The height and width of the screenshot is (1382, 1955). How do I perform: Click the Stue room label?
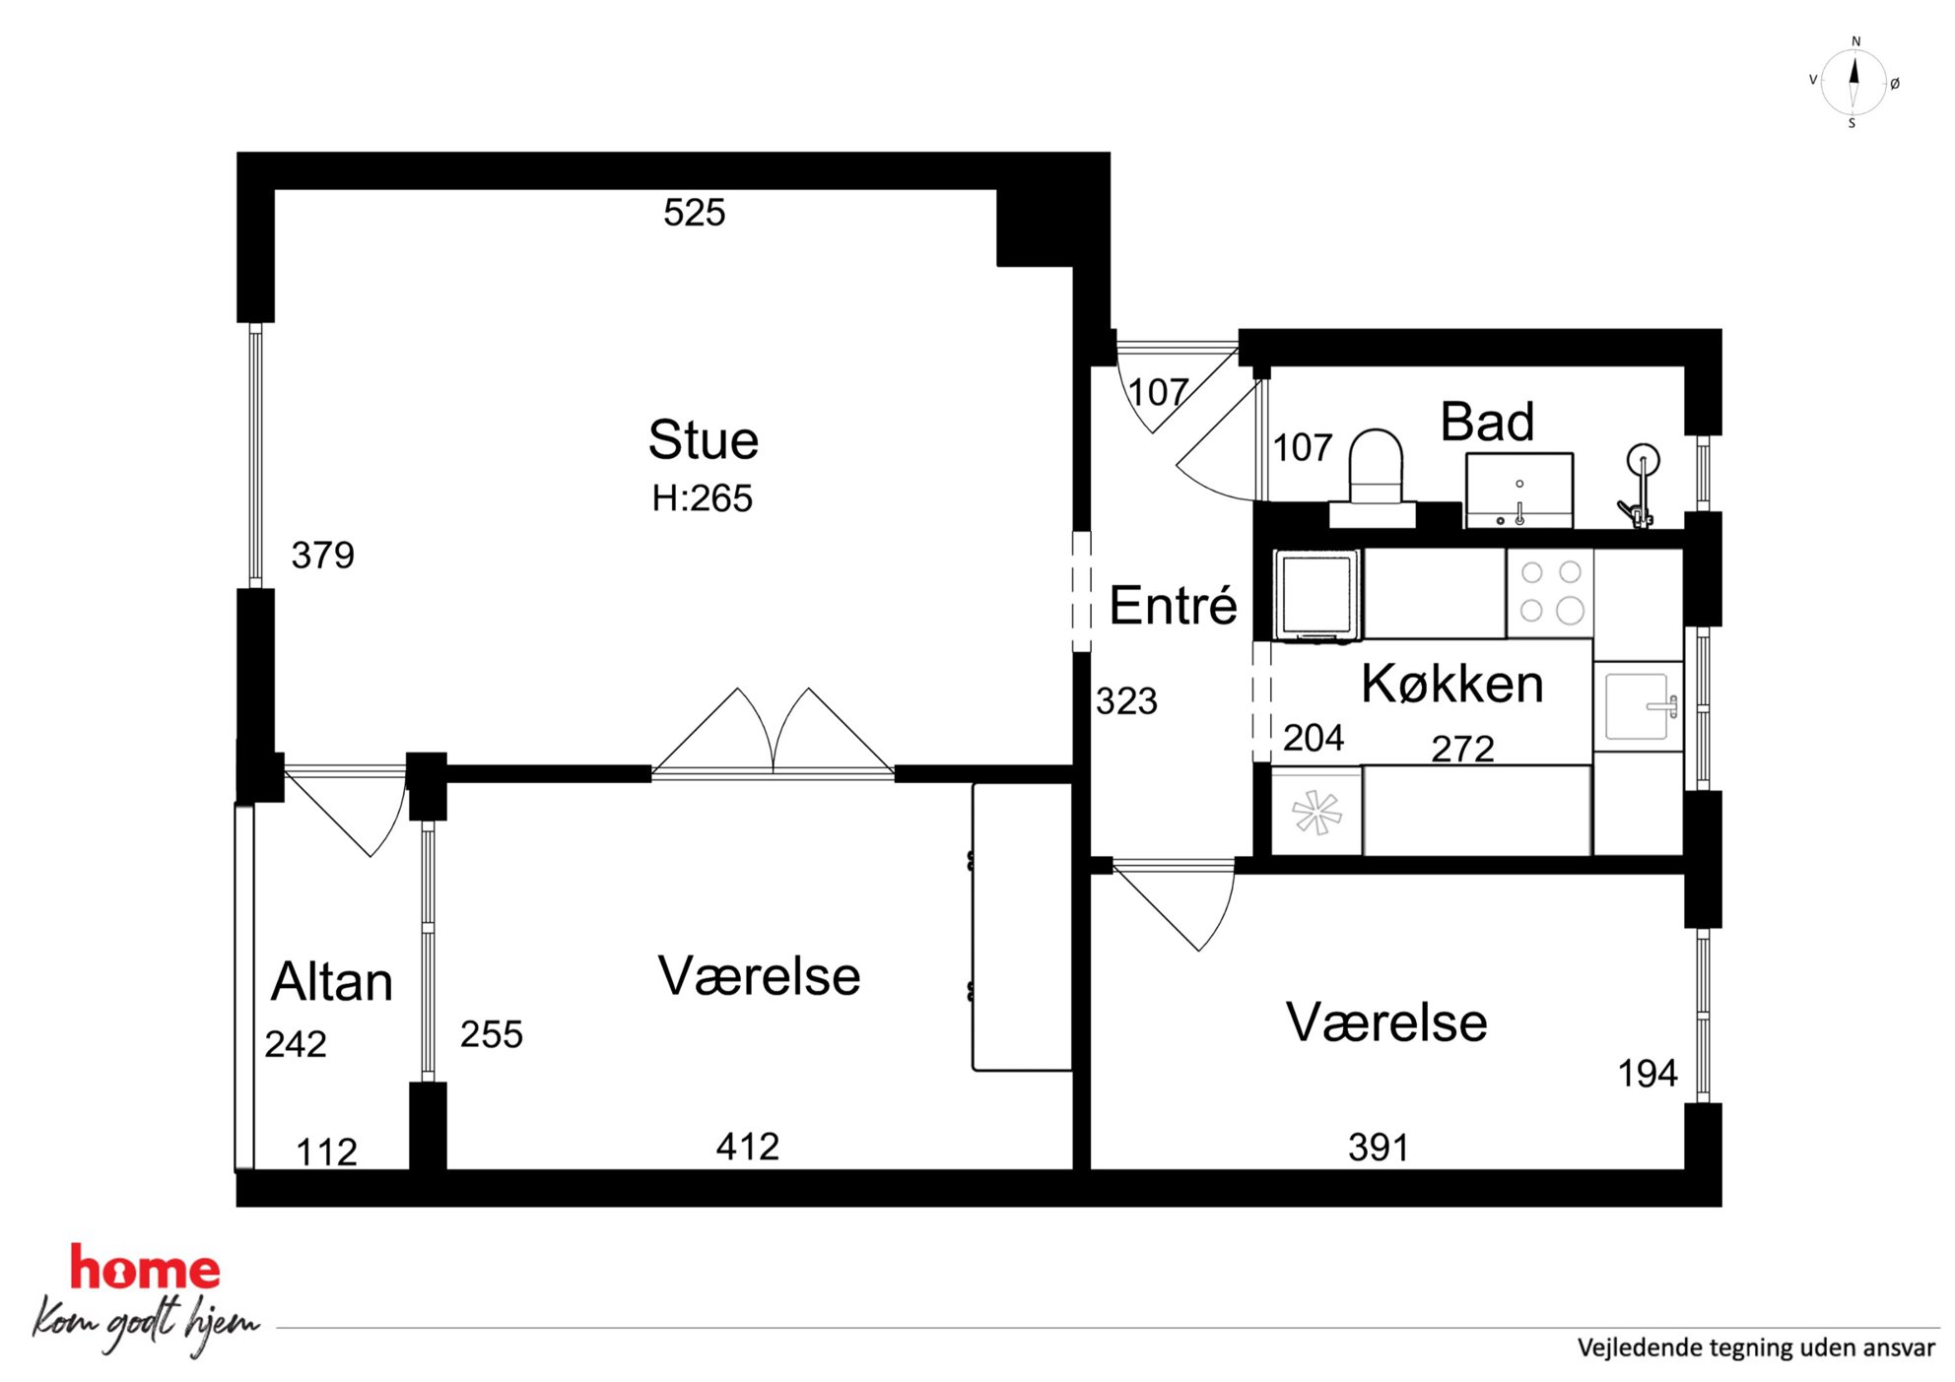click(x=703, y=439)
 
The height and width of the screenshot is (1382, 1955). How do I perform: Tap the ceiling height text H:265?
click(x=702, y=498)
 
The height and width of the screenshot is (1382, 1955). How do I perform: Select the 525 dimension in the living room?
click(x=694, y=213)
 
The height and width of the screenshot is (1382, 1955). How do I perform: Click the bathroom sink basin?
click(x=1518, y=490)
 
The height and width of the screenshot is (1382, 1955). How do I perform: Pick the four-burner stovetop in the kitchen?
click(x=1550, y=592)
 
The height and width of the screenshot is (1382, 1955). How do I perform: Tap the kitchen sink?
click(x=1638, y=705)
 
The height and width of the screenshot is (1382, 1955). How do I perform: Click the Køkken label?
click(x=1451, y=684)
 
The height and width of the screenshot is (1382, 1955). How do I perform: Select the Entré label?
click(x=1173, y=604)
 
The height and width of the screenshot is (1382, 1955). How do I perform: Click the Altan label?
click(x=332, y=981)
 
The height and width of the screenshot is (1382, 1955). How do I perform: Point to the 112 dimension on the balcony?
click(x=326, y=1152)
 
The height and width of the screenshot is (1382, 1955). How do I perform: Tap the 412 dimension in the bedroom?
click(x=748, y=1147)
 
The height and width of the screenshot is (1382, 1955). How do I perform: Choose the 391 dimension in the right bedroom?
click(x=1379, y=1148)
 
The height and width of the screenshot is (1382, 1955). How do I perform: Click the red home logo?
click(x=145, y=1268)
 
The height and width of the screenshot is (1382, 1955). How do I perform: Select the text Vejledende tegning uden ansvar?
click(x=1756, y=1348)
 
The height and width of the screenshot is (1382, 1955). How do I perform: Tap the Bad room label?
click(x=1487, y=422)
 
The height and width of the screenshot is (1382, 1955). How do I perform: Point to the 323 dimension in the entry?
click(x=1126, y=701)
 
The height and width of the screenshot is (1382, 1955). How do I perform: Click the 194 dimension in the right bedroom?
click(x=1648, y=1074)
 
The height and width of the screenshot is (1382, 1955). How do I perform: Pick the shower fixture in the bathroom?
click(x=1640, y=486)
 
